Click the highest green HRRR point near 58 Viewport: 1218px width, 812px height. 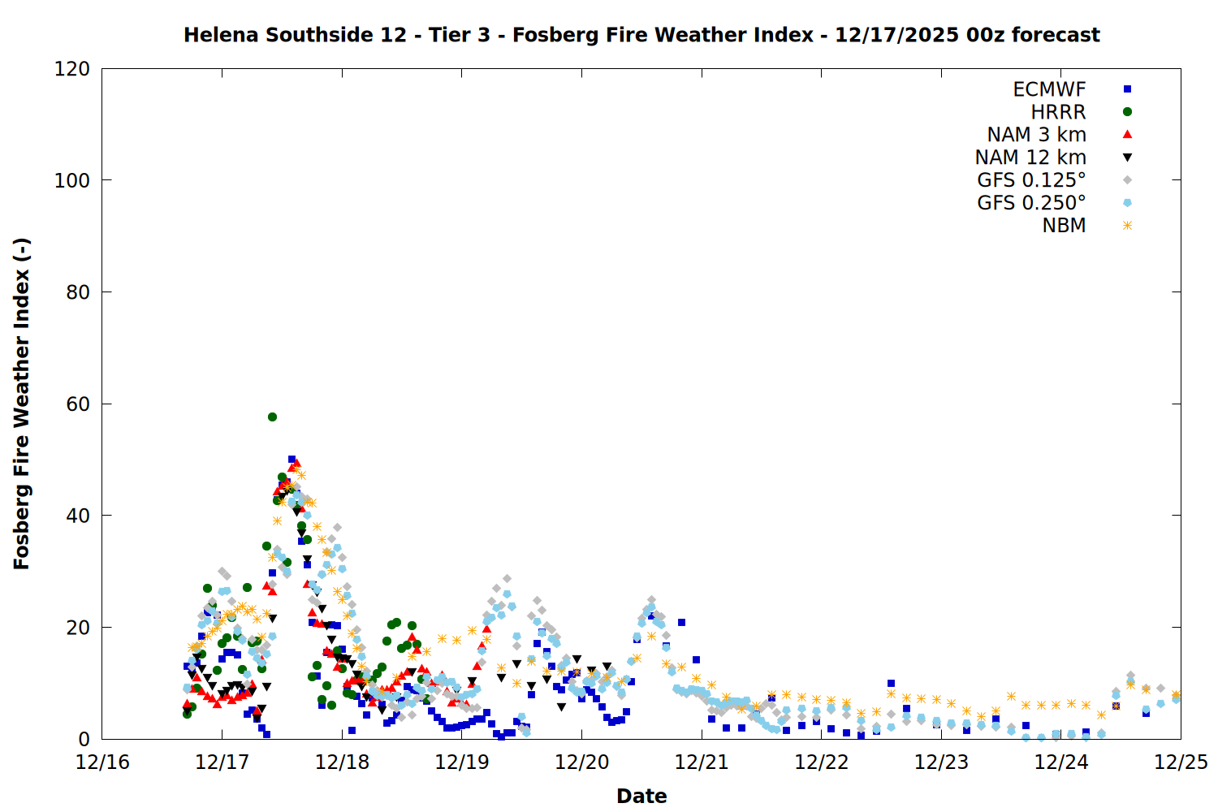272,417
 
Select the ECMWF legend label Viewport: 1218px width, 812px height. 1049,89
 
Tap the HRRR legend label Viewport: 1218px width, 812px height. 1058,112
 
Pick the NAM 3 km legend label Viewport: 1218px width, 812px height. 1036,135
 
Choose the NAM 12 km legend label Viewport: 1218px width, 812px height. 1030,158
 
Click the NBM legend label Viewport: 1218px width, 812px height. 1064,226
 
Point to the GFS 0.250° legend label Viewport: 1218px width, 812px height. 1031,203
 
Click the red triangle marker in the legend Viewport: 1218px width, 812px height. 1127,135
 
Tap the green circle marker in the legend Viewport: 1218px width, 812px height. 1127,112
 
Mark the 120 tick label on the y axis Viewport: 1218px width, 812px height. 72,69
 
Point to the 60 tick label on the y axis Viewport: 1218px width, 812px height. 78,404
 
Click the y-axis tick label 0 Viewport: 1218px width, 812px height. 84,739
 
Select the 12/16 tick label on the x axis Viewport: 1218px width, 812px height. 102,763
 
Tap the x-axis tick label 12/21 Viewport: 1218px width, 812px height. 702,763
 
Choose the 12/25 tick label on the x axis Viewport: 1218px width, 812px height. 1181,763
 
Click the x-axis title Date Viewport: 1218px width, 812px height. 641,797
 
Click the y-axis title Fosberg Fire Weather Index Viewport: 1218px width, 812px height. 22,404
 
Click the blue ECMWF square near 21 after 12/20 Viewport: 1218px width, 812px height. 681,623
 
